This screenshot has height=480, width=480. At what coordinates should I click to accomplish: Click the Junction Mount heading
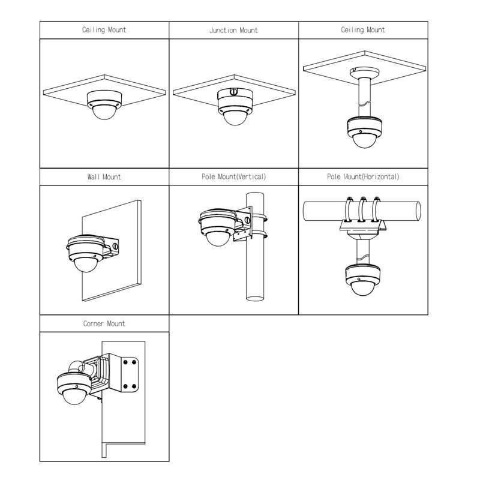[x=233, y=31]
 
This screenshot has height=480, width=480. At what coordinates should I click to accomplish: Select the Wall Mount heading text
[x=104, y=177]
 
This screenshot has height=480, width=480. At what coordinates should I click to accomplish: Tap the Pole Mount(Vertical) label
[x=233, y=177]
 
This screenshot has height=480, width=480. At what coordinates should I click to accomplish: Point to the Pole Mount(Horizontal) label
[x=363, y=177]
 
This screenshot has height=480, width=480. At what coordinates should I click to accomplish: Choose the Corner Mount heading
[x=104, y=323]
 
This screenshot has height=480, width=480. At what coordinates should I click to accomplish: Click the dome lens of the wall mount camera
[x=86, y=264]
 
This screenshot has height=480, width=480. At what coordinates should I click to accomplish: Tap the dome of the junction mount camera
[x=235, y=118]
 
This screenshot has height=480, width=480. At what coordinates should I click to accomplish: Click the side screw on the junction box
[x=233, y=91]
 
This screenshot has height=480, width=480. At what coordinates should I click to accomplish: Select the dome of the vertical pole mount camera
[x=218, y=239]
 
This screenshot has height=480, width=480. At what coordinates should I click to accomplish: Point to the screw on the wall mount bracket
[x=115, y=246]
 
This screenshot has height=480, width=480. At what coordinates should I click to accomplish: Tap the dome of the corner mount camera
[x=74, y=397]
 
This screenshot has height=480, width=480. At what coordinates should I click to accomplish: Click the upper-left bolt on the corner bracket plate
[x=125, y=362]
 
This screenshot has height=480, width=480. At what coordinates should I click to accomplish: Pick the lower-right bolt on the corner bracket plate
[x=134, y=386]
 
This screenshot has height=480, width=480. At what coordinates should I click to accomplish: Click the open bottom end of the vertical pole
[x=255, y=298]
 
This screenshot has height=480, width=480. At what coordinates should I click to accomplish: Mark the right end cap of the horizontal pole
[x=418, y=211]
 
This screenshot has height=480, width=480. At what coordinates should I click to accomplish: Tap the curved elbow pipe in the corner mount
[x=77, y=367]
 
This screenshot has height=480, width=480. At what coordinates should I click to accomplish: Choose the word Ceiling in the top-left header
[x=94, y=30]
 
